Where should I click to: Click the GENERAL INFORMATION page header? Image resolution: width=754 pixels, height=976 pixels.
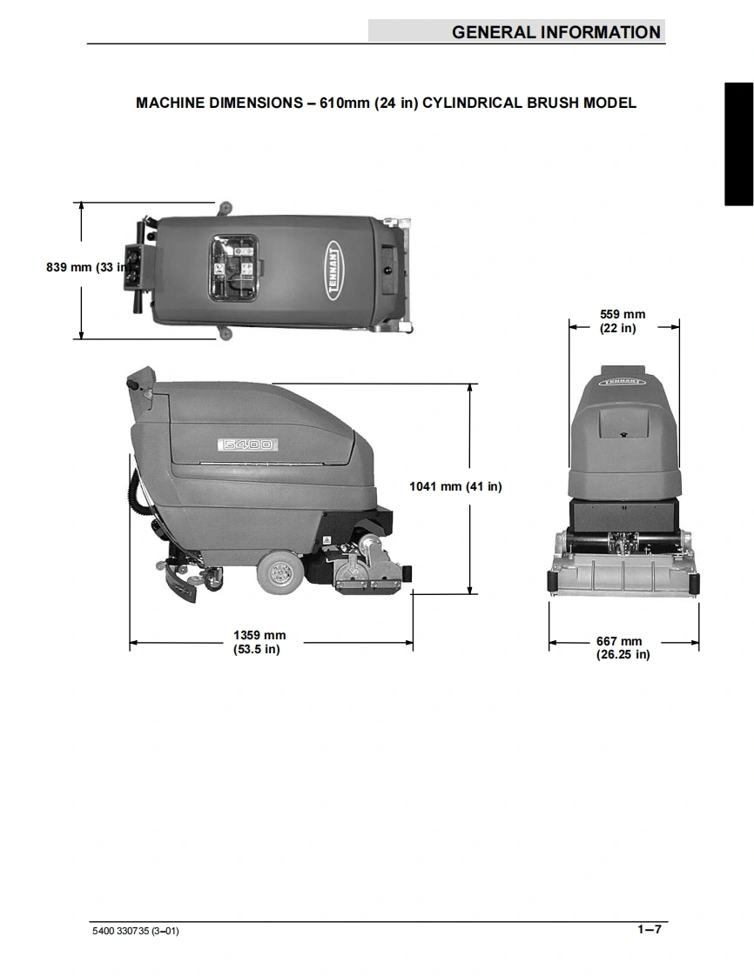(555, 31)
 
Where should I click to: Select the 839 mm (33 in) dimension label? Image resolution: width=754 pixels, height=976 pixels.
(89, 267)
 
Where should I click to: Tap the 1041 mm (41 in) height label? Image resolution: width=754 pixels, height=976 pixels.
(454, 486)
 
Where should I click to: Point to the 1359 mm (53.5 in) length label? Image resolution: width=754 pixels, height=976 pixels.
(259, 642)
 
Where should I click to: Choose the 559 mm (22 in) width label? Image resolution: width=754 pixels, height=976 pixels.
(622, 321)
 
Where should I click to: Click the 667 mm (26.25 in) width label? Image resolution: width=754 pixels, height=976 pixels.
(622, 647)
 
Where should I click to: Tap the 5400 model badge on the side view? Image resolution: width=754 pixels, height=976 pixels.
(247, 445)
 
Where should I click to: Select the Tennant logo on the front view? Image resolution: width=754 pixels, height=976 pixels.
(623, 381)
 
